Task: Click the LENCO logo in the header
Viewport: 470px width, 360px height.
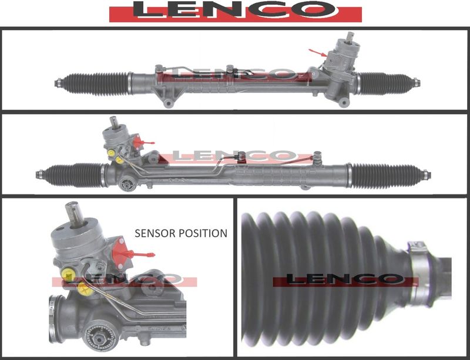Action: coord(236,11)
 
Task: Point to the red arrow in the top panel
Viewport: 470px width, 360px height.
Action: coord(318,53)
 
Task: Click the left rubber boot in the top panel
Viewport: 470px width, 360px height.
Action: coord(95,83)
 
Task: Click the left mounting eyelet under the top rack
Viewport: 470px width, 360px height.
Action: coord(168,103)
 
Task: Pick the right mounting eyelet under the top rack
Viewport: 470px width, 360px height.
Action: coord(344,103)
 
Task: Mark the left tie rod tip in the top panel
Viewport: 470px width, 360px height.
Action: coord(58,83)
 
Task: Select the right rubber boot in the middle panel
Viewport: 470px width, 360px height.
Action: coord(385,176)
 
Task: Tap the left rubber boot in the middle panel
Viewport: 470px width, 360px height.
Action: coord(73,175)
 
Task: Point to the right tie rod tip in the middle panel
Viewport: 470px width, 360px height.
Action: coord(427,175)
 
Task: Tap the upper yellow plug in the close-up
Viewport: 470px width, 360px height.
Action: coord(68,275)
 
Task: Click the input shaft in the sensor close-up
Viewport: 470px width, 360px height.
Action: coord(73,214)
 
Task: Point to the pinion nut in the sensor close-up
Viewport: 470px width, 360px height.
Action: coord(98,338)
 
